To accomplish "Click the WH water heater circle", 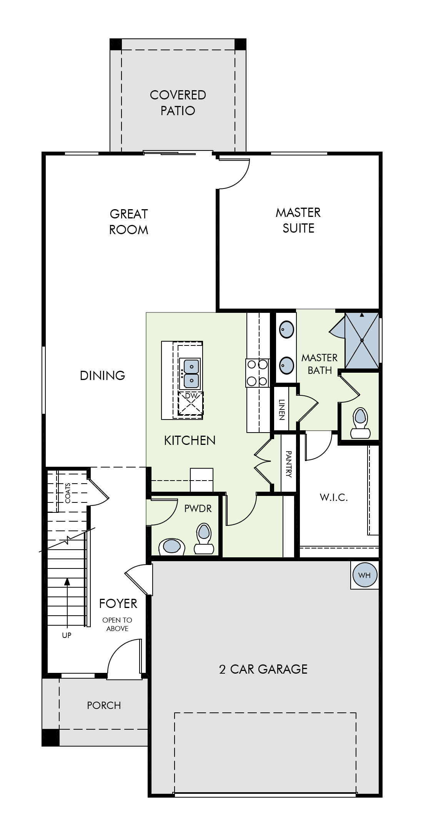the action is click(x=364, y=575).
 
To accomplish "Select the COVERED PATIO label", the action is click(x=178, y=102).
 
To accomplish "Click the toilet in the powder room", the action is click(x=204, y=539).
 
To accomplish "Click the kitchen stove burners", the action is click(x=257, y=372).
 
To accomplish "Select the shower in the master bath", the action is click(x=362, y=340).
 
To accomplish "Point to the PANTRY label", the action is click(x=289, y=464).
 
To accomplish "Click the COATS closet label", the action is click(x=68, y=493).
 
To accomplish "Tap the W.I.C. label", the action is click(x=334, y=497).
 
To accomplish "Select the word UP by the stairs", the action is click(x=67, y=635).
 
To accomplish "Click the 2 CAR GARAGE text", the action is click(x=263, y=669).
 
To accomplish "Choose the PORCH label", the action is click(x=104, y=705).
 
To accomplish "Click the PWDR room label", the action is click(x=198, y=509).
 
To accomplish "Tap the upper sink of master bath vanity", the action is click(x=286, y=329).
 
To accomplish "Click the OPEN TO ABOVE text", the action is click(x=117, y=624).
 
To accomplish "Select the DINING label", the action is click(x=103, y=375).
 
